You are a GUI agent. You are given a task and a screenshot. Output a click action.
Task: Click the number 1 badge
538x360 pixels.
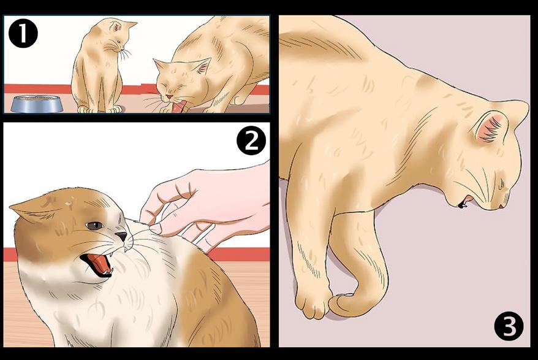[x=23, y=33]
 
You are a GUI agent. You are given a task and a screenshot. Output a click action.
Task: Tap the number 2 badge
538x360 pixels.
[x=251, y=140]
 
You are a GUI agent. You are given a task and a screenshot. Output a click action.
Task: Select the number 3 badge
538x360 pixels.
[x=509, y=326]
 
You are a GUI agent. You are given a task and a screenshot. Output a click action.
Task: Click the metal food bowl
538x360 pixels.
[x=37, y=104]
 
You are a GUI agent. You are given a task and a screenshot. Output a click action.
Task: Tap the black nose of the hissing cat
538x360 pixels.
[x=121, y=236]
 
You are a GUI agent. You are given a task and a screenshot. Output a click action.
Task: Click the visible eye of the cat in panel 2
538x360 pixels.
[x=94, y=225]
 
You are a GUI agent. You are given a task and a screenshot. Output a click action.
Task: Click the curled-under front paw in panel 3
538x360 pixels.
[x=347, y=304]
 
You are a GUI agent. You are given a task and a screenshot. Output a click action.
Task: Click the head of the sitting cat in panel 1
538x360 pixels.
[x=116, y=35]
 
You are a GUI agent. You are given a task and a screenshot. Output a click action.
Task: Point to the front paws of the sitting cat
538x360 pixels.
[x=99, y=109]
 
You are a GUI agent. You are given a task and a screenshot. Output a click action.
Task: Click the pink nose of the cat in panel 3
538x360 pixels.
[x=501, y=206]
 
